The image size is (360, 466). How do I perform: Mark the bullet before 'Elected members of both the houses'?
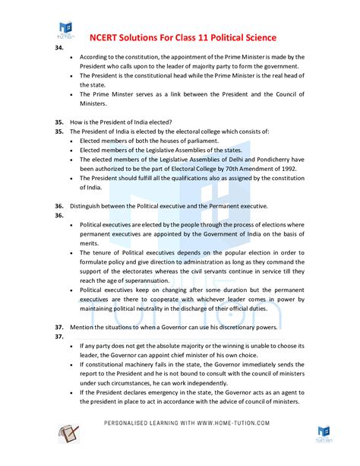pos(72,141)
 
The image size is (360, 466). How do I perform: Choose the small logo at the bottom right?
pos(323,434)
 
